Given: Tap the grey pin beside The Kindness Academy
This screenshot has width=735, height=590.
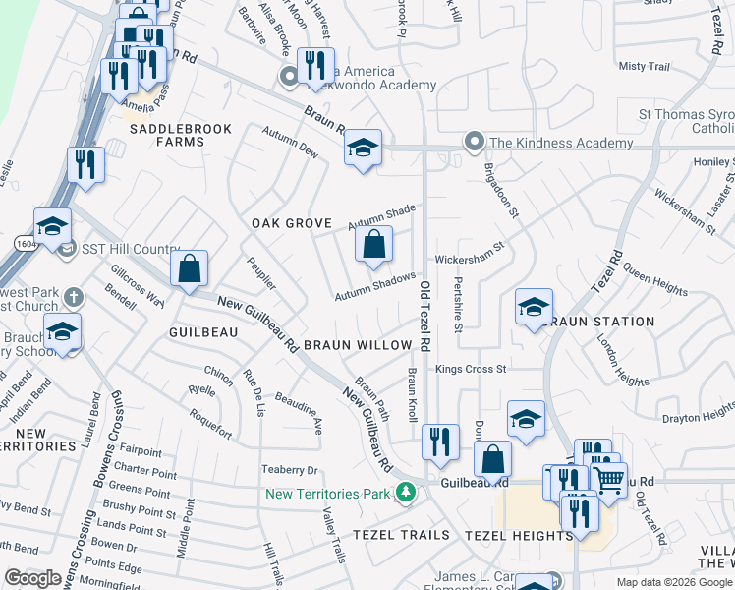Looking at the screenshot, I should tap(476, 143).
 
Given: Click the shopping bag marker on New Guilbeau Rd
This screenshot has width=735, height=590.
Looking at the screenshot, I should tap(189, 267).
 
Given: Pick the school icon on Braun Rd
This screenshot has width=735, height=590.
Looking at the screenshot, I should tap(363, 148).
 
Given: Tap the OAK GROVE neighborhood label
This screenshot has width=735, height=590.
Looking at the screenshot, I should tap(291, 223).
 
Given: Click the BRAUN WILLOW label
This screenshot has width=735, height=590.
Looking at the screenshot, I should tap(357, 345).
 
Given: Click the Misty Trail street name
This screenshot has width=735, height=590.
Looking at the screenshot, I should tap(645, 67).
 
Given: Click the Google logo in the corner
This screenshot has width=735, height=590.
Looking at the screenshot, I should tap(32, 577).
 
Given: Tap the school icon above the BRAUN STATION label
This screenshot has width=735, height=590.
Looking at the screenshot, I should tap(533, 307).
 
